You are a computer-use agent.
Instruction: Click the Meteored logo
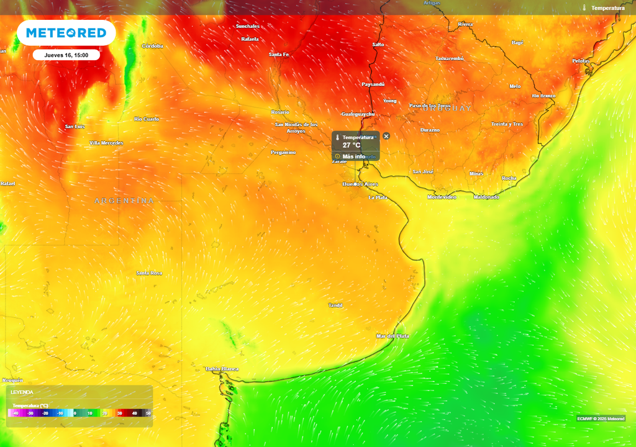pos(66,33)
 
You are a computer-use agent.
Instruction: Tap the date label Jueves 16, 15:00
pos(66,55)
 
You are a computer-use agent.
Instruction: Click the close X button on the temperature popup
pos(386,136)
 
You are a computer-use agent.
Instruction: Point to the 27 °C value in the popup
pos(351,145)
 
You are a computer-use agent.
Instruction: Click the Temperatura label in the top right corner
pos(607,8)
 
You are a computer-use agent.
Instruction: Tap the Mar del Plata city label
pos(393,336)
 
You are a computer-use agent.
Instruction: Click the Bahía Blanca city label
pos(222,369)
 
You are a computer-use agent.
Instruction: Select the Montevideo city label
pos(442,197)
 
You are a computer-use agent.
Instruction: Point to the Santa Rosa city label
pos(149,273)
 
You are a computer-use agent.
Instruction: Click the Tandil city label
pos(335,305)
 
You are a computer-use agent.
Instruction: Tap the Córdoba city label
pos(153,46)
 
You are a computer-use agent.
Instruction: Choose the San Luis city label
pos(75,127)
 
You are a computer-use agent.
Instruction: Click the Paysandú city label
pos(373,84)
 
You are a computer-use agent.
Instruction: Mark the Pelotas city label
pos(581,61)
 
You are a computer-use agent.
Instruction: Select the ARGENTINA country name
pos(124,201)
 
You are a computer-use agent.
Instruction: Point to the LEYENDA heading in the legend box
pos(22,392)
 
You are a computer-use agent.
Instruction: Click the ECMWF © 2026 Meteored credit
pos(601,418)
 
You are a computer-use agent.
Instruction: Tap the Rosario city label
pos(280,112)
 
